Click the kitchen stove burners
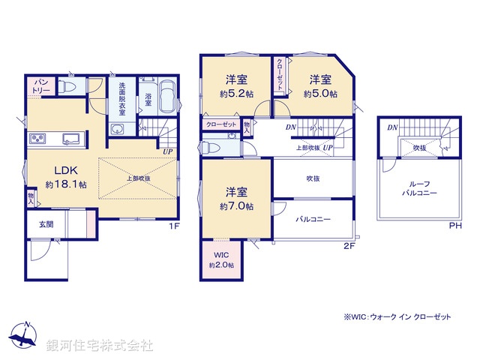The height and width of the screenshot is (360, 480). (38, 139)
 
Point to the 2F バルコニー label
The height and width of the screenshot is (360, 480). (313, 220)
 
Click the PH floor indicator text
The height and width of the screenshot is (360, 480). (454, 225)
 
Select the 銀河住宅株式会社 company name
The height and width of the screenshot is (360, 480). (100, 346)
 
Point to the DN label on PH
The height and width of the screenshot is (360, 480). (391, 127)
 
